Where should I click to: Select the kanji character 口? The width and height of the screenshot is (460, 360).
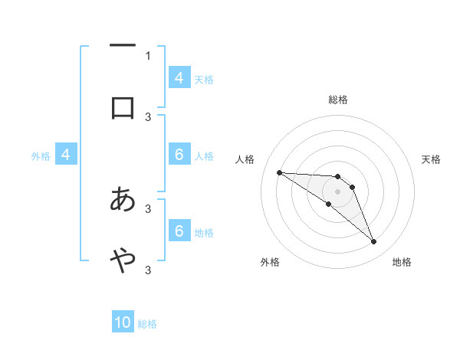(x=123, y=107)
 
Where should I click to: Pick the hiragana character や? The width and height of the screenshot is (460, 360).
(x=123, y=260)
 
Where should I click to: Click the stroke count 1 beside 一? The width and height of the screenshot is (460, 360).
(x=148, y=55)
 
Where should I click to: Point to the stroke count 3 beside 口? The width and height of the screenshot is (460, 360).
(x=148, y=116)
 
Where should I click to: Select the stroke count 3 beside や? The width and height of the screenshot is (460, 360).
(x=148, y=270)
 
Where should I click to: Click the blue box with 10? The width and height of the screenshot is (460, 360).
(x=123, y=322)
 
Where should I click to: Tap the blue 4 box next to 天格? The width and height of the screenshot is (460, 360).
(x=179, y=77)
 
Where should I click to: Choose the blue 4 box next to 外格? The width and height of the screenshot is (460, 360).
(x=66, y=155)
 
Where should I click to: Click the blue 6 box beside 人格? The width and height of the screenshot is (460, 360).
(x=179, y=155)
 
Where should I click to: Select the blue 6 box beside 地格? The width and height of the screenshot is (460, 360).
(x=179, y=231)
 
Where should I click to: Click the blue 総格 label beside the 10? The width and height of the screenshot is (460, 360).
(x=147, y=324)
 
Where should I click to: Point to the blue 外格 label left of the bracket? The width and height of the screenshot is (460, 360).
(x=41, y=155)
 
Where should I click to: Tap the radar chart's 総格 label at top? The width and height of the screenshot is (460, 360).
(x=337, y=100)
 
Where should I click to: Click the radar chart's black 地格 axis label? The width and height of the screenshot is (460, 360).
(x=402, y=262)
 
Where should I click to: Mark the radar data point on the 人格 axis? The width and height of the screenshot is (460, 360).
(x=279, y=172)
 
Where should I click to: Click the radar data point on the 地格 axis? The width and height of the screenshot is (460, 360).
(x=373, y=242)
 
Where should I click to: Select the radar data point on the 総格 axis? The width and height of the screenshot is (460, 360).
(x=337, y=177)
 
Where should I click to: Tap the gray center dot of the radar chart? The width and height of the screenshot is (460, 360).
(x=337, y=191)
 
